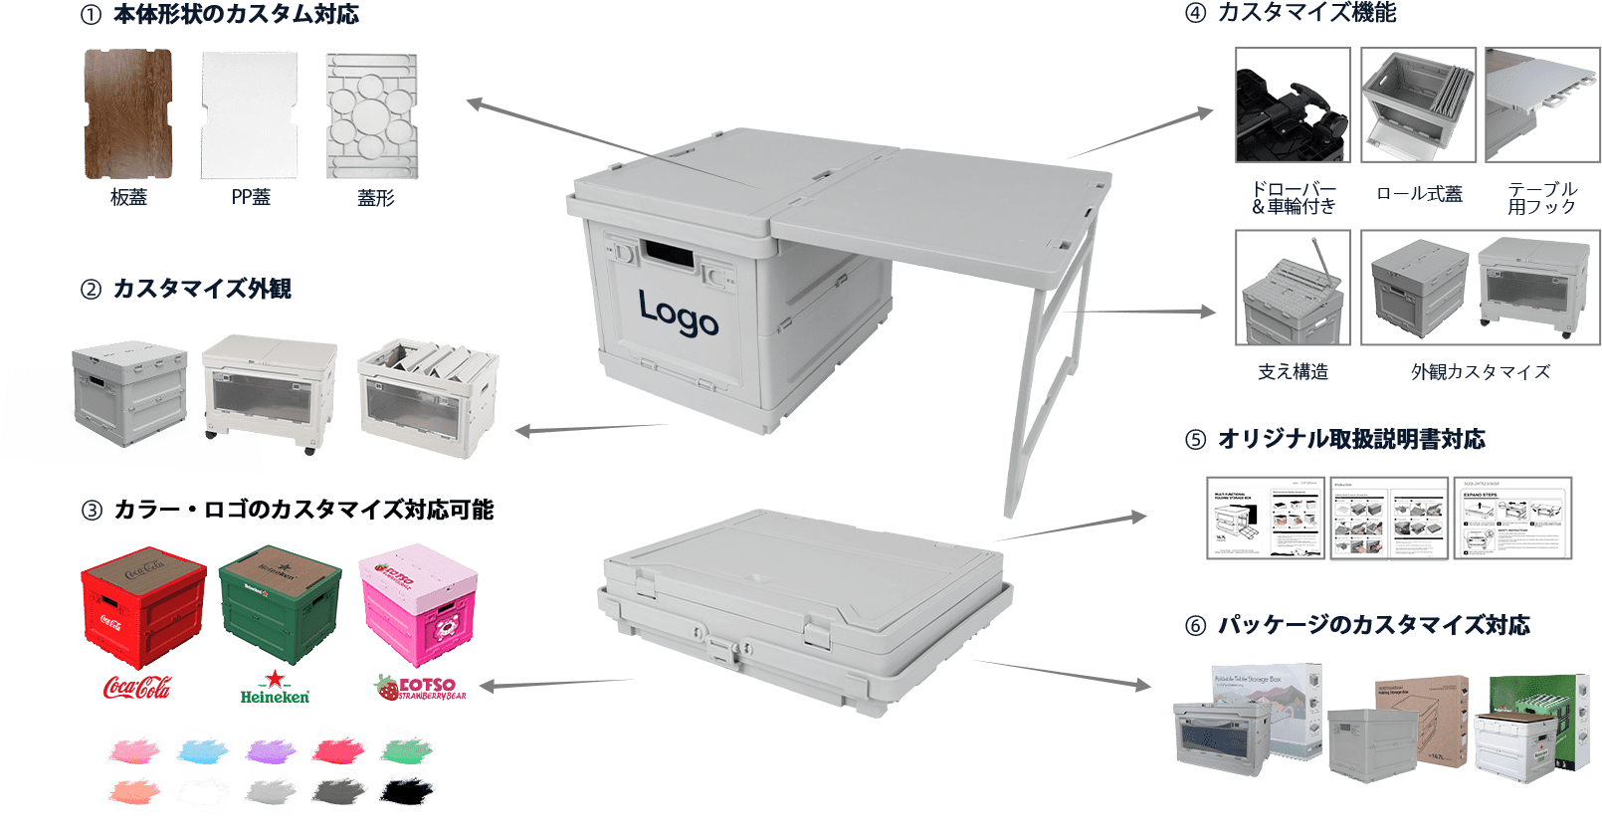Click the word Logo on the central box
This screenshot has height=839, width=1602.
coord(678,314)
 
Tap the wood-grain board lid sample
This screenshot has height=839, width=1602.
coord(128,114)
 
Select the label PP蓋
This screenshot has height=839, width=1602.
coord(251,197)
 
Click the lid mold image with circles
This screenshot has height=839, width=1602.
coord(372,115)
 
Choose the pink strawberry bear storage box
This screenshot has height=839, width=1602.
coord(418,601)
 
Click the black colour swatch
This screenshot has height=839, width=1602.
coord(408,792)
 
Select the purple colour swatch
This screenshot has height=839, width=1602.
coord(270,747)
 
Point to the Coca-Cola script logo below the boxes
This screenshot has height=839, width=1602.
coord(137,687)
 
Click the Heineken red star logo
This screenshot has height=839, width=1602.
coord(275,680)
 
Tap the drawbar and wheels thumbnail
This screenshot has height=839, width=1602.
coord(1292,105)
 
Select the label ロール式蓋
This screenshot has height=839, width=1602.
coord(1419,194)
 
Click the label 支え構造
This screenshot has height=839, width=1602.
coord(1293,371)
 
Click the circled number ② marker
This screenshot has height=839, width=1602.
coord(91,290)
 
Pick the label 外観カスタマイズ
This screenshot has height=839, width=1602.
coord(1481,371)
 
